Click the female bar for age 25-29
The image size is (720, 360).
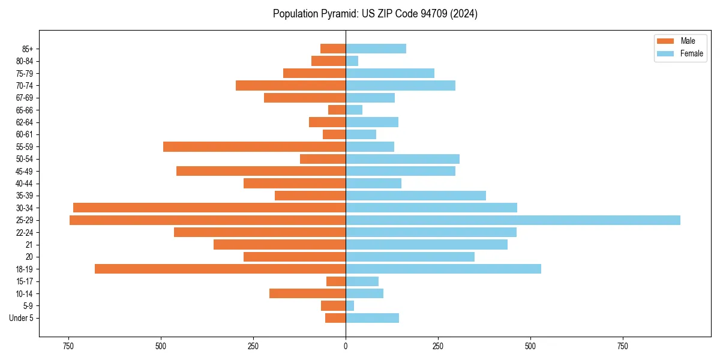click(513, 220)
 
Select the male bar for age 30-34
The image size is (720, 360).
click(209, 208)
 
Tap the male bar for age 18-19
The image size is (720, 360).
click(220, 269)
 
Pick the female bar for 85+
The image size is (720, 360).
click(376, 49)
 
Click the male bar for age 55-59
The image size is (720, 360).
click(254, 146)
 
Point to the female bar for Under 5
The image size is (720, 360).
click(372, 318)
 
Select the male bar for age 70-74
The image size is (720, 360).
click(290, 85)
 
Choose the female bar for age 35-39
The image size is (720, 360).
click(416, 196)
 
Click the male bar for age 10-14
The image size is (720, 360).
click(307, 293)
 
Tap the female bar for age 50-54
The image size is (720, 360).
click(403, 159)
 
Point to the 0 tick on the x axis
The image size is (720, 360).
click(346, 346)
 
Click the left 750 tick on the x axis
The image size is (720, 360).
click(68, 346)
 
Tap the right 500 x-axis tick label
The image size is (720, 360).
click(530, 346)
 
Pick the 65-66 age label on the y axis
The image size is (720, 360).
click(25, 110)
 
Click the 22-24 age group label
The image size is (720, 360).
click(25, 232)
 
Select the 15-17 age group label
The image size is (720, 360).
click(25, 281)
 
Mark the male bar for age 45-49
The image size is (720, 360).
click(261, 171)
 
